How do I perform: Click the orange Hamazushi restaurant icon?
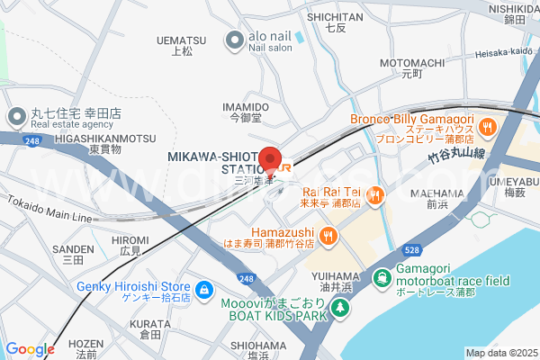[x=328, y=236]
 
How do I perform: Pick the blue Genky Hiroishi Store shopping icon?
[x=205, y=290]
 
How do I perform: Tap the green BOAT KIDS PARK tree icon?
[x=340, y=309]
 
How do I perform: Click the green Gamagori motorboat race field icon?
[x=382, y=278]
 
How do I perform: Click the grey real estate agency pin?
[x=17, y=116]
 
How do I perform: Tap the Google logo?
[x=30, y=349]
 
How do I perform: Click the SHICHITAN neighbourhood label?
[x=335, y=16]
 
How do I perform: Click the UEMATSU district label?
[x=181, y=40]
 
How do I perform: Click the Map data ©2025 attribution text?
[x=500, y=353]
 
